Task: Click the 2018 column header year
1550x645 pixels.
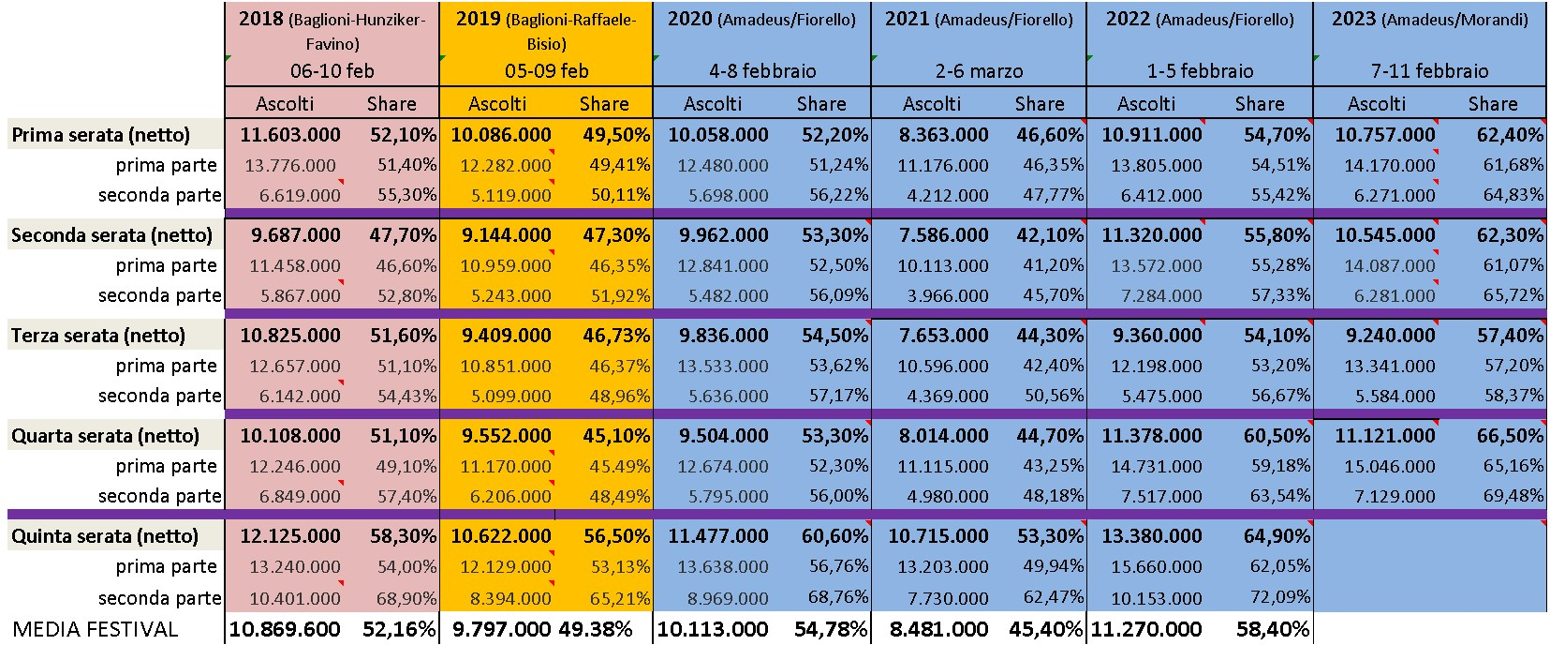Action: [x=261, y=19]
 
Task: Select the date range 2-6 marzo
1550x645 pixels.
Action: [x=979, y=70]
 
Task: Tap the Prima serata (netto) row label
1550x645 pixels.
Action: [x=100, y=134]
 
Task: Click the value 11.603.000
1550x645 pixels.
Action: [x=290, y=134]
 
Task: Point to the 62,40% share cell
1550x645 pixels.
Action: [x=1510, y=134]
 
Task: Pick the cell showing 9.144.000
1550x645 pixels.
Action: [x=507, y=235]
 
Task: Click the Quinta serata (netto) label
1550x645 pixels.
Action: [x=105, y=536]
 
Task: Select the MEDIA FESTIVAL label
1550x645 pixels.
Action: [x=96, y=629]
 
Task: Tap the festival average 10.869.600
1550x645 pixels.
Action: [x=285, y=629]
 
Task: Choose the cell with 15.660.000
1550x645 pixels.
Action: [x=1157, y=566]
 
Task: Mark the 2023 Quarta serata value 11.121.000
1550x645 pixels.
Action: [x=1384, y=436]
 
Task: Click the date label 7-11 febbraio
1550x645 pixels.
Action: [x=1429, y=70]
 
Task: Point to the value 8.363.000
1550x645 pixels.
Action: [x=944, y=134]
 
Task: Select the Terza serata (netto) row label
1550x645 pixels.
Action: [x=98, y=336]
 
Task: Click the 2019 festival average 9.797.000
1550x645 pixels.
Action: [x=502, y=629]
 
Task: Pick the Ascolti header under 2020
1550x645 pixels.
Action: [x=713, y=104]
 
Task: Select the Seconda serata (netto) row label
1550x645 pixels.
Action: [x=111, y=235]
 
